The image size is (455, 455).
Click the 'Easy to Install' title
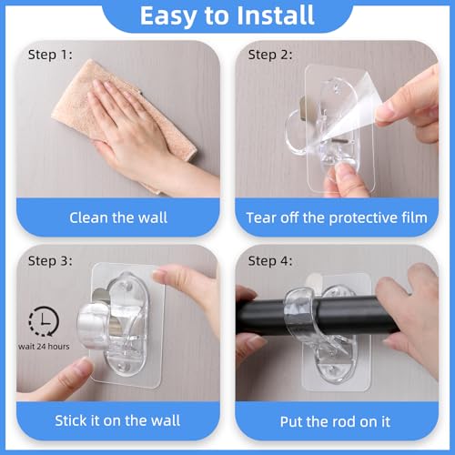(227, 17)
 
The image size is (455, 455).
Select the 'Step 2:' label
(270, 54)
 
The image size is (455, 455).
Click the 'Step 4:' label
(270, 261)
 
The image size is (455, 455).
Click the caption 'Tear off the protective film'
(337, 217)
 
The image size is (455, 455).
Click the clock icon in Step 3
(41, 320)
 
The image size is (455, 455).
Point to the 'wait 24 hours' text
(45, 347)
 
